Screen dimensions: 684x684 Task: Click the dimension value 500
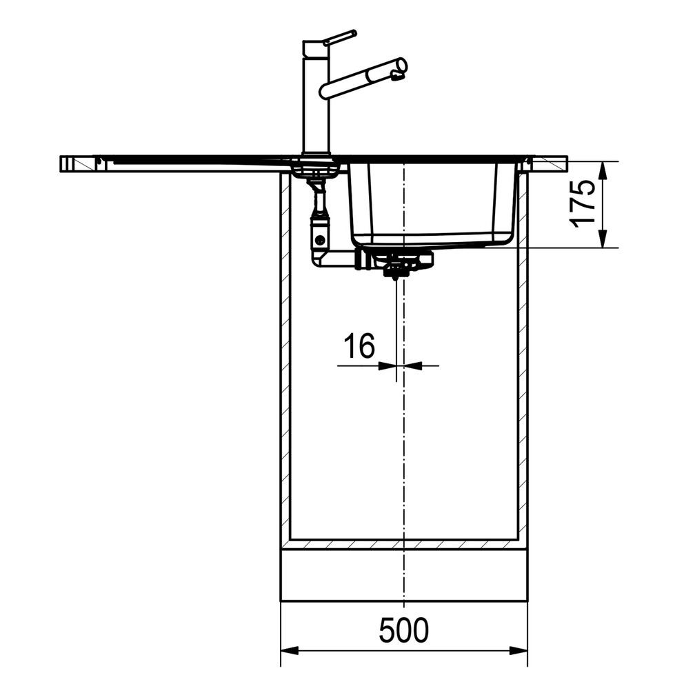(x=404, y=630)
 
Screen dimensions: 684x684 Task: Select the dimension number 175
(x=583, y=203)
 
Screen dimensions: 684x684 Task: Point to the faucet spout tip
(x=400, y=66)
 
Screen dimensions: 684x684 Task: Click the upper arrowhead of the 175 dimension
(x=603, y=170)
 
